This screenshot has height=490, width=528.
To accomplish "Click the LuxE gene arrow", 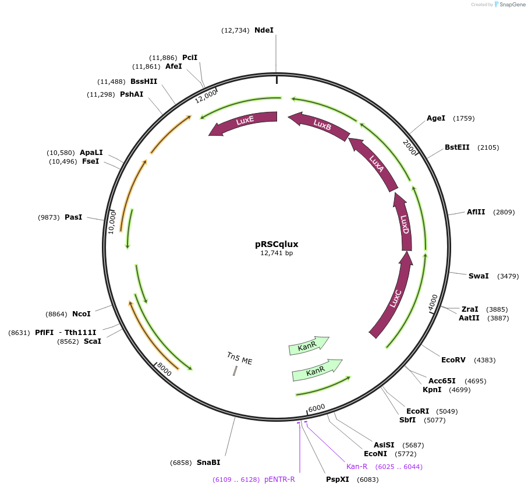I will [244, 121].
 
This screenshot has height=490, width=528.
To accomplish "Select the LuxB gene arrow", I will [321, 124].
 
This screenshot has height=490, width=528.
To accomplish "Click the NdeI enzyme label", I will [264, 30].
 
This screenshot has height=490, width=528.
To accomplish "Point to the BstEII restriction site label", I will [457, 147].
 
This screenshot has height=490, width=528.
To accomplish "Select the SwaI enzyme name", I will [479, 276].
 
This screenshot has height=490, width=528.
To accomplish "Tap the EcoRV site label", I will [453, 360].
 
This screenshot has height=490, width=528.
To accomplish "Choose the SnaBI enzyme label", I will [208, 463].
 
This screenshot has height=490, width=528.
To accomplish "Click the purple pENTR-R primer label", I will [279, 480].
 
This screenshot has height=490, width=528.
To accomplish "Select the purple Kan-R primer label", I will [357, 467].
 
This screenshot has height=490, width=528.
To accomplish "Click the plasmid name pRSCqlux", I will [277, 244].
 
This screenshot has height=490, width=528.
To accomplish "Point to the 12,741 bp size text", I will [277, 253].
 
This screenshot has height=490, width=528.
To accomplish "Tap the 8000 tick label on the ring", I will [164, 369].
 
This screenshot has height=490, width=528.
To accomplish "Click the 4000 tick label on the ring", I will [433, 302].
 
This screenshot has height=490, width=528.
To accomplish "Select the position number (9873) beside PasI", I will [49, 217].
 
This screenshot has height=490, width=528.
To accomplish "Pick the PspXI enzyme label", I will [338, 480].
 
